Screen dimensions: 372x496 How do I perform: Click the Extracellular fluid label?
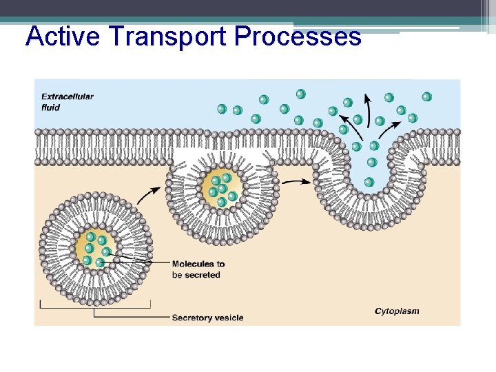coord(67,102)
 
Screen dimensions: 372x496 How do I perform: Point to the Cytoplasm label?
coord(397,311)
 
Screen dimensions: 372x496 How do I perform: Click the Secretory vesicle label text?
coord(207,318)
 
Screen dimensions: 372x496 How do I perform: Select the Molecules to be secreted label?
coord(198,269)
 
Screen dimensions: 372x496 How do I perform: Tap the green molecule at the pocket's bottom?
coord(369,182)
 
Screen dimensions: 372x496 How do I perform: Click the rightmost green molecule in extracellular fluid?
coord(426,97)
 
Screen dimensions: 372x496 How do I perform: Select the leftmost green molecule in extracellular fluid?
coord(222,109)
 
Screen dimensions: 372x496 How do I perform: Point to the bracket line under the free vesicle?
coord(95,305)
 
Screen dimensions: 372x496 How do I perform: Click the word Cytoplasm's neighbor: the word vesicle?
coord(227,318)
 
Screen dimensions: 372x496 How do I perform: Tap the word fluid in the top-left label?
coord(50,107)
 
